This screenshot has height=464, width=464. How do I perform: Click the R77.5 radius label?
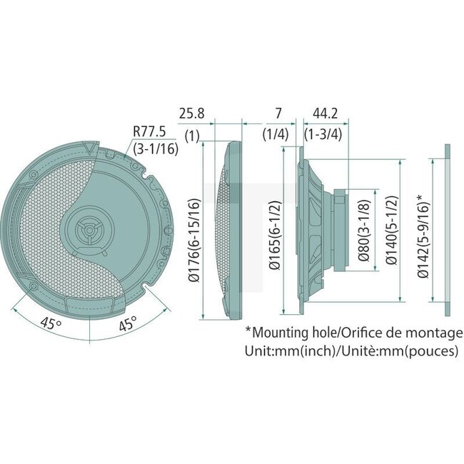click(x=151, y=131)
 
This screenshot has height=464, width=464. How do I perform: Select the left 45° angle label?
click(x=50, y=323)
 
